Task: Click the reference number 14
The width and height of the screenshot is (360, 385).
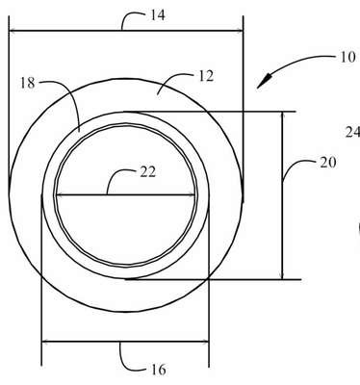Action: [158, 15]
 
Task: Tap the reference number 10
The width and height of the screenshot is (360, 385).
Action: [347, 58]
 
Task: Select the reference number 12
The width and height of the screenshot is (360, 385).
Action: [206, 76]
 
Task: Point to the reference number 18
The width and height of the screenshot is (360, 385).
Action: [27, 83]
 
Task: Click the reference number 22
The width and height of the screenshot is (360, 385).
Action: [148, 172]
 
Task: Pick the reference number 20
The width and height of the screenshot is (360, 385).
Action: [327, 163]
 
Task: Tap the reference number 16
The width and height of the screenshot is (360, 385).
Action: [158, 370]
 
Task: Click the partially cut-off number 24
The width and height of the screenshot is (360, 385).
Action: [352, 132]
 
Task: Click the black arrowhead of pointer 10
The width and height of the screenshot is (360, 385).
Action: [264, 81]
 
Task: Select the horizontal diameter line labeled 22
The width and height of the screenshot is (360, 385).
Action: [125, 194]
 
